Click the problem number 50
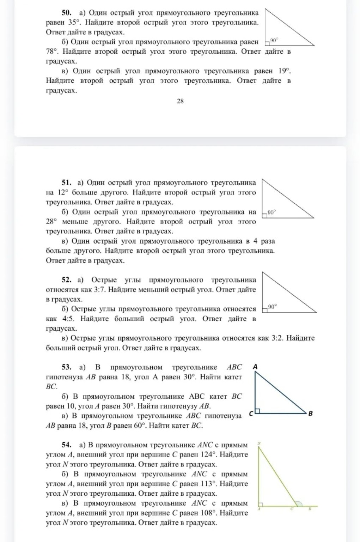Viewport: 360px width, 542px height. (67, 13)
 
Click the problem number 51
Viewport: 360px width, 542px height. (67, 183)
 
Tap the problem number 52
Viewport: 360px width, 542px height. (67, 280)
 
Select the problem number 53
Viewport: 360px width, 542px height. (67, 367)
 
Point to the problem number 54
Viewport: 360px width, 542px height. (67, 445)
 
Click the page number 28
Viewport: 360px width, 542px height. (180, 101)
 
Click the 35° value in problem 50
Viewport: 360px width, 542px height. (74, 23)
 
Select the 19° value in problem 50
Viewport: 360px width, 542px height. (284, 71)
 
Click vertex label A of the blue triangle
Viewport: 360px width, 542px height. (255, 367)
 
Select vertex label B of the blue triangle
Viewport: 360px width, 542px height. (310, 414)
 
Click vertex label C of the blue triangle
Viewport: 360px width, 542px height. (251, 414)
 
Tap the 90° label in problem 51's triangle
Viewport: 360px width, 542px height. (271, 212)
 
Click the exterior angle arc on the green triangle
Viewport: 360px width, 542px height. (299, 504)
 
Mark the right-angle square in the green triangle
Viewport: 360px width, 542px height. (261, 504)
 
